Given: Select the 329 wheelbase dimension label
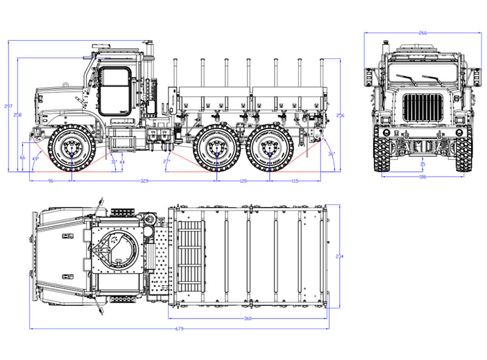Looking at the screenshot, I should point(145,181).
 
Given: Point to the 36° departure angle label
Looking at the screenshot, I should point(331,154).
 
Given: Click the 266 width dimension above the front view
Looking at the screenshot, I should point(422,33).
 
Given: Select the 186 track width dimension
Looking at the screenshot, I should point(422,177).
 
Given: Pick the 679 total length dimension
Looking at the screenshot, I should point(180,329).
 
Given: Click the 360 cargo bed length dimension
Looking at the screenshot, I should point(247,319).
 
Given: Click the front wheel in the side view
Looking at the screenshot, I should point(72,148).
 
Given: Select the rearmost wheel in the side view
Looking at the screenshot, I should point(269,148).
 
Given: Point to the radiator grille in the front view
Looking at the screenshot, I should point(422,108).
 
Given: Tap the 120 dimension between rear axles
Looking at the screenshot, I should point(243,181).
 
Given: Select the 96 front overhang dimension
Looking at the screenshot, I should point(51,181).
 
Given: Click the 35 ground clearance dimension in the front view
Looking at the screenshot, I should point(422,164).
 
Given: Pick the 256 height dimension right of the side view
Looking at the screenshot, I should point(340,115).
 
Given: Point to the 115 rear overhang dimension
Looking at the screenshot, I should point(295,181).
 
